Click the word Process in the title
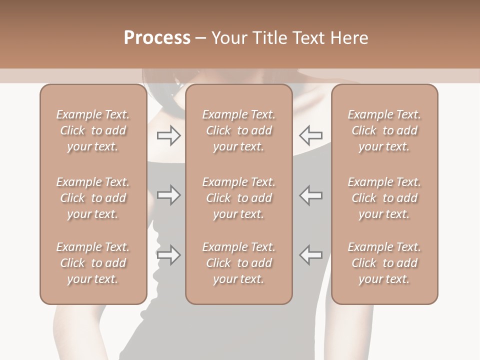pyautogui.click(x=157, y=38)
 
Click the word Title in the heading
pyautogui.click(x=266, y=38)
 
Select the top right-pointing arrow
pyautogui.click(x=168, y=135)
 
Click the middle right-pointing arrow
pyautogui.click(x=168, y=195)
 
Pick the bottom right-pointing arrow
pyautogui.click(x=168, y=255)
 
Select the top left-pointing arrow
pyautogui.click(x=311, y=135)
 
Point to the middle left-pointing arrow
pyautogui.click(x=311, y=195)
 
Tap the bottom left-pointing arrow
pyautogui.click(x=311, y=255)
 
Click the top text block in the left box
pyautogui.click(x=93, y=130)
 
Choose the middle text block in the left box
pyautogui.click(x=93, y=198)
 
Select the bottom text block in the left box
pyautogui.click(x=93, y=263)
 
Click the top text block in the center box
pyautogui.click(x=239, y=130)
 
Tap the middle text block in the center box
pyautogui.click(x=239, y=198)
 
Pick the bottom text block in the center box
pyautogui.click(x=239, y=263)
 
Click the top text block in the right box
pyautogui.click(x=384, y=130)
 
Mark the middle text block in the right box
pyautogui.click(x=384, y=198)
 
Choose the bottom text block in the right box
pyautogui.click(x=384, y=263)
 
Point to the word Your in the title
pyautogui.click(x=228, y=38)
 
